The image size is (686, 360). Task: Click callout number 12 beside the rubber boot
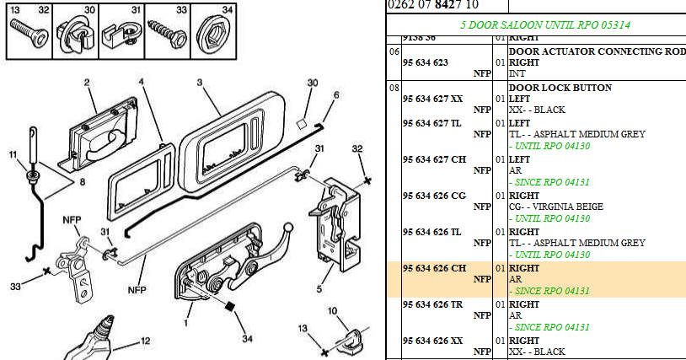(145, 341)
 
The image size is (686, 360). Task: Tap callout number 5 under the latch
(319, 289)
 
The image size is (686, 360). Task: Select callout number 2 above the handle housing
(87, 83)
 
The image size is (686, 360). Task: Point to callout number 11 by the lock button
(13, 154)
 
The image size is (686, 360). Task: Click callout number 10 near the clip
(332, 313)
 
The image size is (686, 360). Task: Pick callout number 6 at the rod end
(335, 96)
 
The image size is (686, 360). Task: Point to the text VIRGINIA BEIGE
(573, 207)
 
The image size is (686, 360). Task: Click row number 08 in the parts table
(394, 88)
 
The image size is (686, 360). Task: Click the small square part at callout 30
(300, 123)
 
